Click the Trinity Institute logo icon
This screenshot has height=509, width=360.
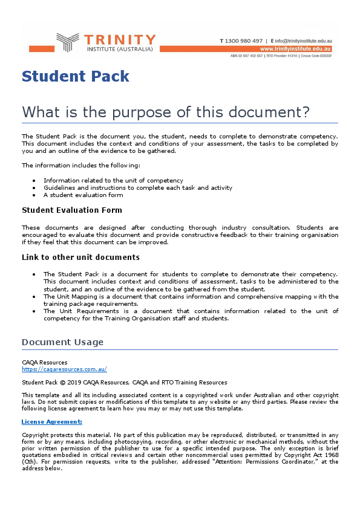pos(67,42)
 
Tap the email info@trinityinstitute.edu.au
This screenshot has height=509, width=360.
pos(303,41)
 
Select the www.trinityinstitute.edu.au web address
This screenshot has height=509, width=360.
pos(295,48)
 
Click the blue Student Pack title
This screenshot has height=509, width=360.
pos(76,76)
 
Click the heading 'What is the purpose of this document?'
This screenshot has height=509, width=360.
pos(166,112)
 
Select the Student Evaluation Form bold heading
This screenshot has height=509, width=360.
pos(71,210)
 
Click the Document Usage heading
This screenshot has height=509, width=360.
pos(62,342)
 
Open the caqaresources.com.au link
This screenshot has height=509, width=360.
pos(64,369)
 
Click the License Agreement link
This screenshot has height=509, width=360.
pos(51,421)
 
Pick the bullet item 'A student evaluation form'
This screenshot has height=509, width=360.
pos(83,195)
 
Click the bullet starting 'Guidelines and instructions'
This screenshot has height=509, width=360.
pos(137,188)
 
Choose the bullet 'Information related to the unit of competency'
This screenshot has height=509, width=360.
pos(113,181)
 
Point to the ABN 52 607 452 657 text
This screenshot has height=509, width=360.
pos(246,56)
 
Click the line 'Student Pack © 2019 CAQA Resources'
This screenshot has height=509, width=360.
pos(124,382)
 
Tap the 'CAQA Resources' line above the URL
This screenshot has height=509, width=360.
pos(44,363)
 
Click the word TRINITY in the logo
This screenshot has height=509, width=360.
pos(120,39)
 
